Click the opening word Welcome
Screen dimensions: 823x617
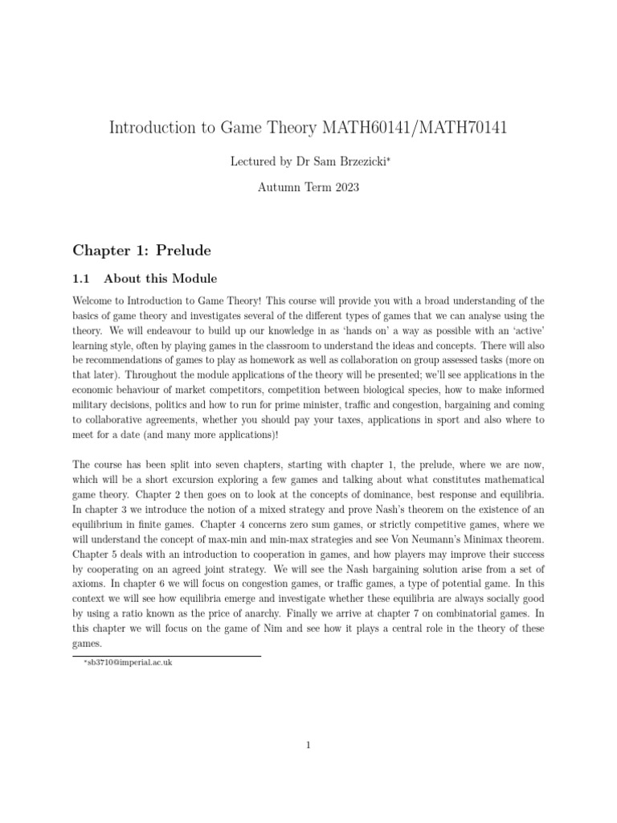[94, 300]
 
